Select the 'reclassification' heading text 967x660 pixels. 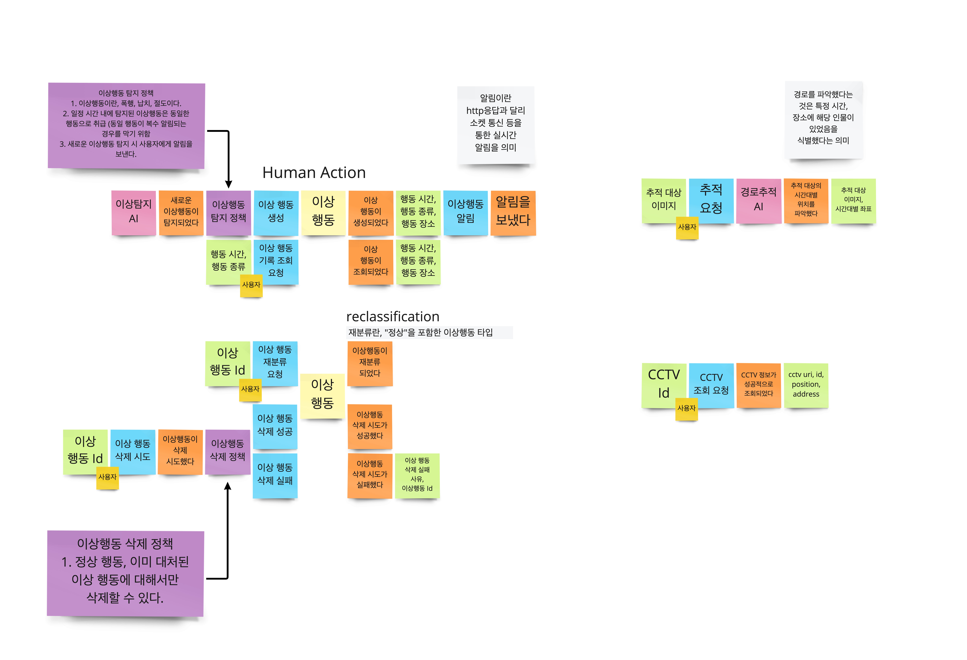(x=392, y=316)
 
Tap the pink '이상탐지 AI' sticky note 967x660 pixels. (x=134, y=212)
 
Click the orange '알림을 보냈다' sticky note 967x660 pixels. (x=513, y=212)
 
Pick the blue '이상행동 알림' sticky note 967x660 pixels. (x=465, y=212)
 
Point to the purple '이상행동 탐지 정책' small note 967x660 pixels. (x=228, y=212)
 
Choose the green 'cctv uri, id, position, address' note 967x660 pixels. (x=806, y=385)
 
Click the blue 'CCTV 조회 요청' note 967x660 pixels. (x=711, y=385)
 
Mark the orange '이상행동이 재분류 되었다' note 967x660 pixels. (x=369, y=363)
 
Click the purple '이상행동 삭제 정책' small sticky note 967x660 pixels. (x=227, y=451)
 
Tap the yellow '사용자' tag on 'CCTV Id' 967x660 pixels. (x=686, y=408)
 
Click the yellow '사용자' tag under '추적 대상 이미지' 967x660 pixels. (x=687, y=227)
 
